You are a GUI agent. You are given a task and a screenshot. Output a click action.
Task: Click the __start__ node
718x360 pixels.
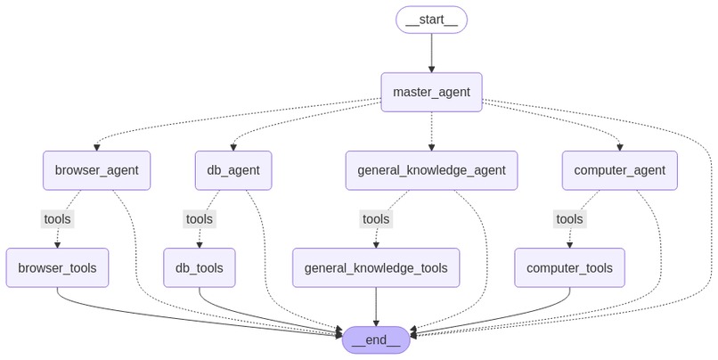431,20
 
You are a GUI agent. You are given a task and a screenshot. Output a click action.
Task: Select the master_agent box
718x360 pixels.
431,92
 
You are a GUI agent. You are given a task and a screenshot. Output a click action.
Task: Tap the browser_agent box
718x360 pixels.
96,170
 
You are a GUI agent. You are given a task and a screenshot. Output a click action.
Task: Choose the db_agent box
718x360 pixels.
233,170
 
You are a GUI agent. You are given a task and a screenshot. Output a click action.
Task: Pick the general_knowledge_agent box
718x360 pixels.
431,170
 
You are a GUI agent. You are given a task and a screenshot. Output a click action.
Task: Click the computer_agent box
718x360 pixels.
619,170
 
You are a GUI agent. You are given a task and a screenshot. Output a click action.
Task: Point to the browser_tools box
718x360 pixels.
57,268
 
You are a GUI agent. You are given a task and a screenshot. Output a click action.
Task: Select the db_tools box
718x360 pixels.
200,268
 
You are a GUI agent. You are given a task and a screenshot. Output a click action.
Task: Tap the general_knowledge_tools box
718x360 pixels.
376,268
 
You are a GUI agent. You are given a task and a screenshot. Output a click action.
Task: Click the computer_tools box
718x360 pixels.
569,268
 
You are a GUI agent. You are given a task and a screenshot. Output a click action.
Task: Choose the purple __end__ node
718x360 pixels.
376,340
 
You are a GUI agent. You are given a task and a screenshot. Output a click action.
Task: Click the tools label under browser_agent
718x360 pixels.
57,219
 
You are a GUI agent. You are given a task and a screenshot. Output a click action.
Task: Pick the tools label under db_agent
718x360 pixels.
200,219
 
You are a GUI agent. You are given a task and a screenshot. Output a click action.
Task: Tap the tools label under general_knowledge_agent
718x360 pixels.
376,219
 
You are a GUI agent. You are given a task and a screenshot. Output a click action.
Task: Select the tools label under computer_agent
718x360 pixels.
569,219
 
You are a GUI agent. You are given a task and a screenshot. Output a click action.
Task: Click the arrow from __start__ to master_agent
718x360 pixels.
431,53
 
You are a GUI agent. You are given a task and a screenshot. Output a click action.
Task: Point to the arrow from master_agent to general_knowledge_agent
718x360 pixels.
431,131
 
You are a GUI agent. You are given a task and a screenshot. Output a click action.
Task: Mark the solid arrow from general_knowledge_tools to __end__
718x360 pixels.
376,307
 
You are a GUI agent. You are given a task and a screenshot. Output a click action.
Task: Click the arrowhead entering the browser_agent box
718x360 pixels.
96,148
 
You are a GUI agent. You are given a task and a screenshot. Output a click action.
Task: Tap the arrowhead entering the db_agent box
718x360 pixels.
233,148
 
